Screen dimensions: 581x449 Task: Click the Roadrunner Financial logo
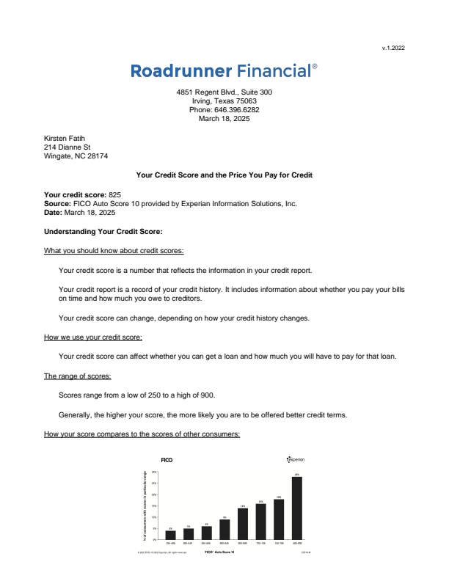224,71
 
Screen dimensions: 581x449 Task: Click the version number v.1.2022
393,48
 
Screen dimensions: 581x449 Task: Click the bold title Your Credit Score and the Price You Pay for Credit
224,175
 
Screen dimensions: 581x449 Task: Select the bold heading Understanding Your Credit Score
98,232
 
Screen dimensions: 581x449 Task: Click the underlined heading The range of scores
78,376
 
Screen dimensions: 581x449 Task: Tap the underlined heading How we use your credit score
93,337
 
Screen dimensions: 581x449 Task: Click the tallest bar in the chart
296,508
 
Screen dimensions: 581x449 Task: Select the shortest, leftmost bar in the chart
170,534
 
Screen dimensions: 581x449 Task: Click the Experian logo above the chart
296,459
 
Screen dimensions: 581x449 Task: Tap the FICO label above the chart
167,459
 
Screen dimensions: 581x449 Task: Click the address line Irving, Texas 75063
224,101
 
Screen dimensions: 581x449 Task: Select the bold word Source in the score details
57,203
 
